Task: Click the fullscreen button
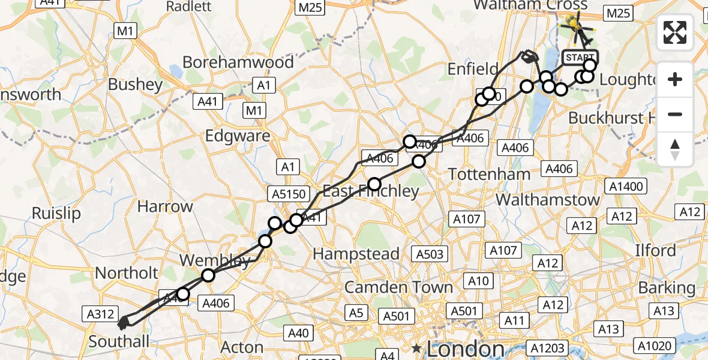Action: [x=675, y=32]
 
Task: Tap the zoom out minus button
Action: [x=675, y=114]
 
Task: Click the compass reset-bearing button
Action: [x=675, y=149]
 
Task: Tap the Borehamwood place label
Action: [x=238, y=62]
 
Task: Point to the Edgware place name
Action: [x=238, y=136]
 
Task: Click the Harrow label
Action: [x=165, y=207]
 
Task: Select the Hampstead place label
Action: [x=356, y=254]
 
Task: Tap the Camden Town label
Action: [x=398, y=287]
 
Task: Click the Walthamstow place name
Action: [x=548, y=200]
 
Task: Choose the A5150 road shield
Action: [x=290, y=194]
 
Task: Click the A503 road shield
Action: [x=430, y=254]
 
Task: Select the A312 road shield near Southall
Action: [x=100, y=313]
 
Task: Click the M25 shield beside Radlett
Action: [x=310, y=7]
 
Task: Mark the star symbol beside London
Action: [x=416, y=348]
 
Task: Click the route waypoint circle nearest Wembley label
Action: [x=208, y=275]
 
